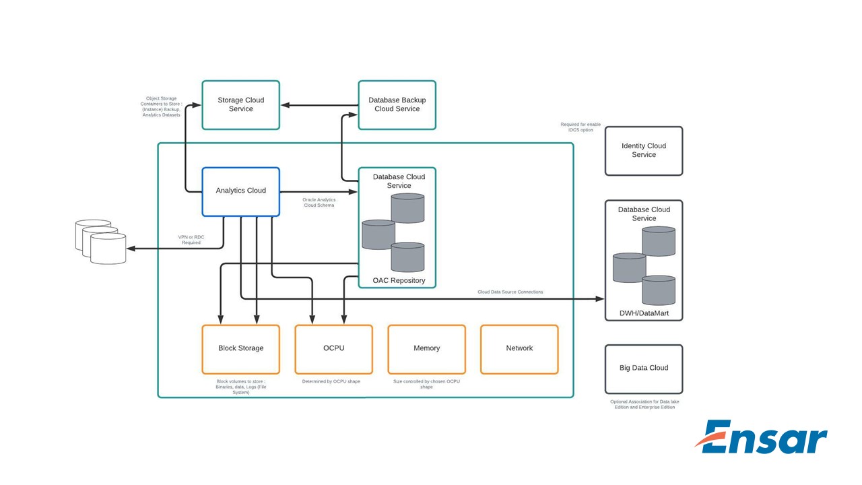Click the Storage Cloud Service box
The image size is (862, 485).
pos(240,105)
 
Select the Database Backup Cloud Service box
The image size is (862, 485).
pos(397,105)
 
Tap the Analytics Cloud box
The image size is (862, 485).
pos(240,191)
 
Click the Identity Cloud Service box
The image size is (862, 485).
pos(643,151)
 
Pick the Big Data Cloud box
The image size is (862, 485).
pos(643,368)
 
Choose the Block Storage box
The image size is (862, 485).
pos(240,349)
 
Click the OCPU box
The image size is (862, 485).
pos(333,349)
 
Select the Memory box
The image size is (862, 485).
pos(426,349)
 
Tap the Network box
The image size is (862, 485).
pos(519,349)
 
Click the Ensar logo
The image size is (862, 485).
pos(761,438)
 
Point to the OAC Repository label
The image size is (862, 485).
pos(399,280)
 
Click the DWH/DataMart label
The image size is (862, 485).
pos(643,313)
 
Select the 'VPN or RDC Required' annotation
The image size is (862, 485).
pos(191,239)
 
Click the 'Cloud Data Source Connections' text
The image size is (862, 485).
pos(510,292)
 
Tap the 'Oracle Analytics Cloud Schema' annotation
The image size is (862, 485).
pos(319,202)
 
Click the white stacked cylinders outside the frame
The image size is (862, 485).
pos(101,241)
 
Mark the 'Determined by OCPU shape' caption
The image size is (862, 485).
pos(331,381)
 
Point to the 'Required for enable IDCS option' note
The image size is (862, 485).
pos(580,127)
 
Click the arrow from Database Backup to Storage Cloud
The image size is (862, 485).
pos(319,105)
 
